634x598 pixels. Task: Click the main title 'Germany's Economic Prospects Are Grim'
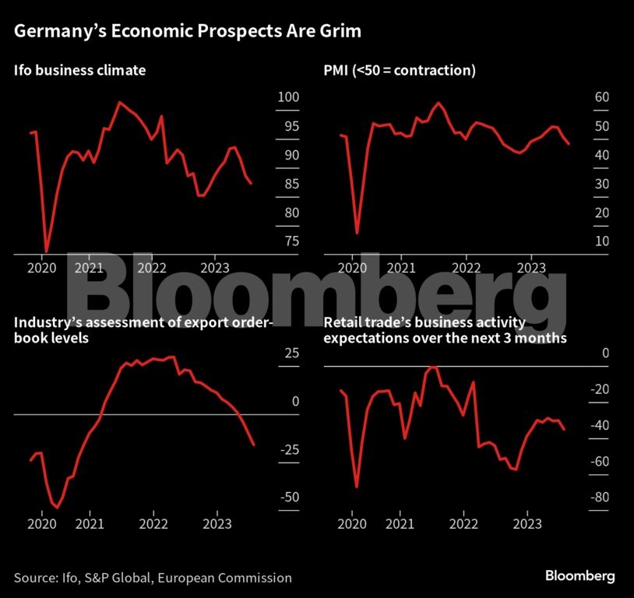[x=188, y=32]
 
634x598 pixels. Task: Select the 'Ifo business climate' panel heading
[x=79, y=71]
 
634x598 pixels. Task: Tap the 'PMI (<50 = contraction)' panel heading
[x=400, y=71]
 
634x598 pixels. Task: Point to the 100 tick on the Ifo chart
[x=288, y=97]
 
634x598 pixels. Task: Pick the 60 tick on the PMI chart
[x=579, y=97]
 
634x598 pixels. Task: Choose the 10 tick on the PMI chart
[x=579, y=241]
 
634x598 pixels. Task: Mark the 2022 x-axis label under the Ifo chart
[x=152, y=268]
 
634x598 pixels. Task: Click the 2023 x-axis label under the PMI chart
[x=531, y=268]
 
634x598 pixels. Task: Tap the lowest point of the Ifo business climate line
[x=46, y=252]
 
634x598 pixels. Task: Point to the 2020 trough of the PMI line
[x=358, y=233]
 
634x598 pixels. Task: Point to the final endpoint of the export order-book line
[x=254, y=445]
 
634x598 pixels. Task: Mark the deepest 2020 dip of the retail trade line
[x=357, y=487]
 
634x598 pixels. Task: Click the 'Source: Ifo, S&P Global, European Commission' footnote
[x=153, y=578]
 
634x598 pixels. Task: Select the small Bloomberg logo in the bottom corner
[x=579, y=576]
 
